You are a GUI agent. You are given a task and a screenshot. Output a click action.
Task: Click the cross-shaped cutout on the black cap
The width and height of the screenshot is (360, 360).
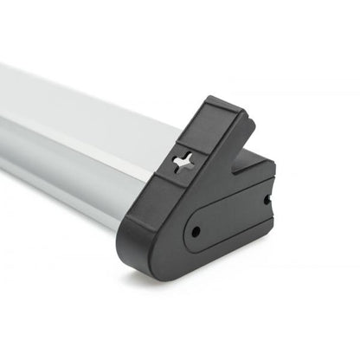[185, 162]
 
